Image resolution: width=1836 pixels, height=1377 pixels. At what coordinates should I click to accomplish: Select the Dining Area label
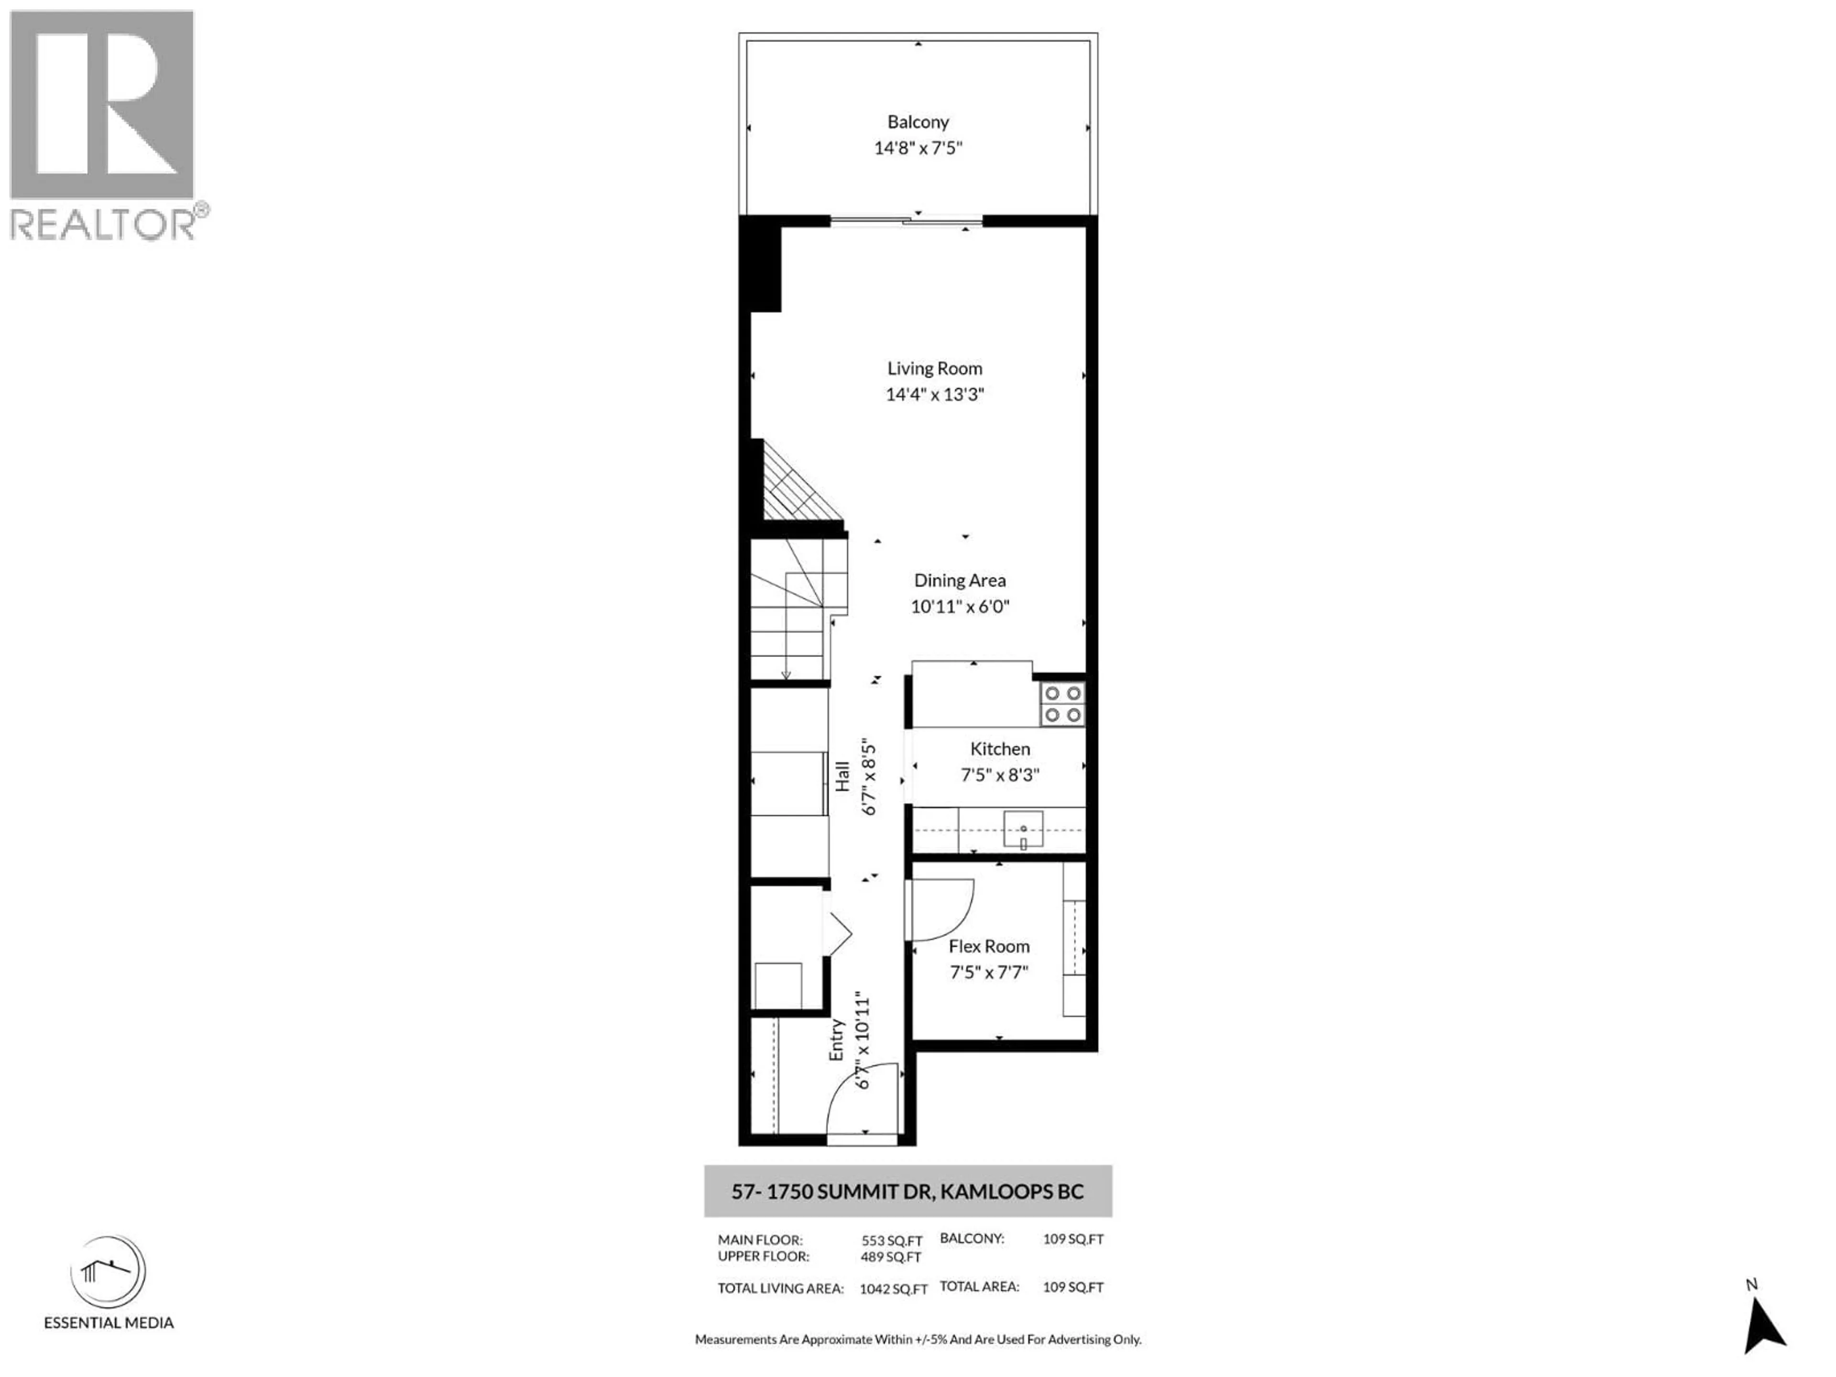(960, 580)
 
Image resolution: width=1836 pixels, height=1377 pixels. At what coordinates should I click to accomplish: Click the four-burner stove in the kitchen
(1062, 703)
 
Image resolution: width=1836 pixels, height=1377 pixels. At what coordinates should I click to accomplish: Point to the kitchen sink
(1023, 829)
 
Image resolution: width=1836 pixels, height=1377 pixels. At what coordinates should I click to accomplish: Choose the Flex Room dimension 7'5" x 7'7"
(989, 972)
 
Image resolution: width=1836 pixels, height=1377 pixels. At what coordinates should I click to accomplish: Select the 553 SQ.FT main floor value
(891, 1241)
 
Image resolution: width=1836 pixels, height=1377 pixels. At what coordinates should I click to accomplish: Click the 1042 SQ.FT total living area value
(893, 1289)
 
